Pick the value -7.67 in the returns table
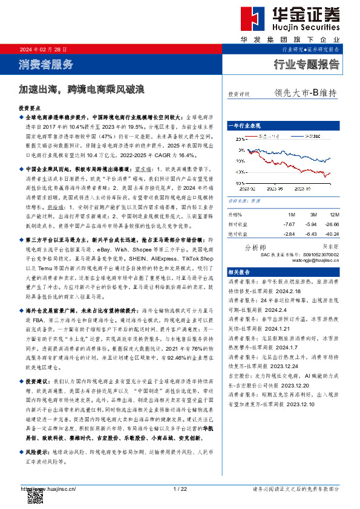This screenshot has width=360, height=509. coord(289,224)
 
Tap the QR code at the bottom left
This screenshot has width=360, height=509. coord(36,494)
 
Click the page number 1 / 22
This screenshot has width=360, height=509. coord(179,488)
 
